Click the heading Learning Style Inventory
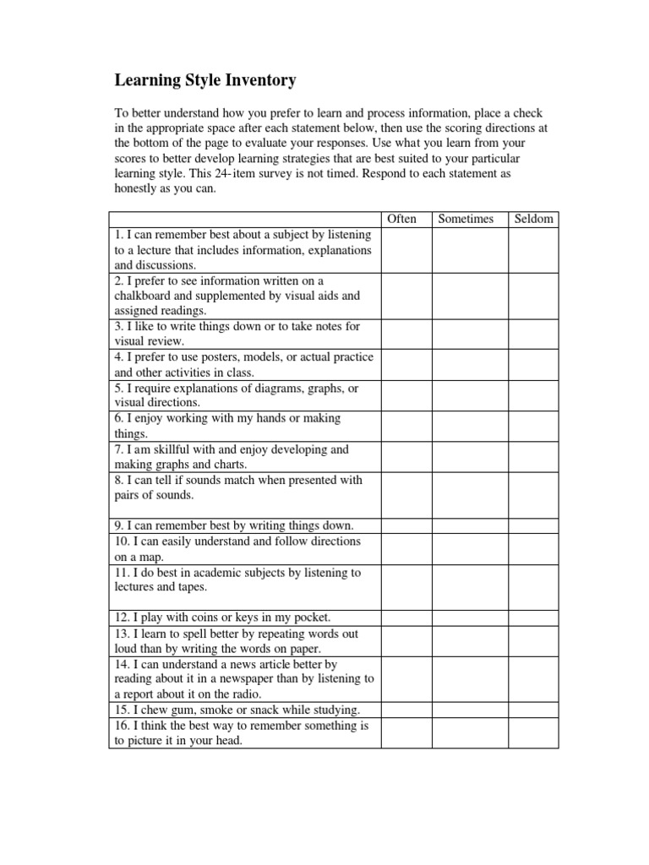(x=205, y=81)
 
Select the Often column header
(x=401, y=219)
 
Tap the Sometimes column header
(x=466, y=219)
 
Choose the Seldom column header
(x=533, y=219)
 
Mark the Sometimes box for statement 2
(x=470, y=296)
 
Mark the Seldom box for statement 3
(x=533, y=334)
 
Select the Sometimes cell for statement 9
(x=470, y=525)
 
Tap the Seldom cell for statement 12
(x=533, y=617)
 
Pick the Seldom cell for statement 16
(x=533, y=733)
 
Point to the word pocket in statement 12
(x=309, y=617)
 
